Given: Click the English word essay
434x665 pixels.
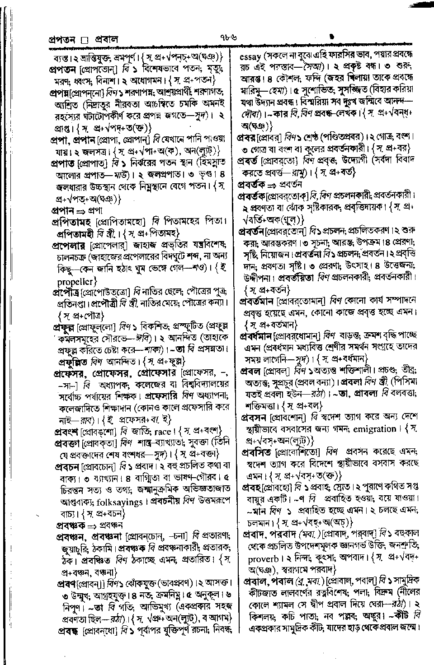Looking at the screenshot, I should (249, 57).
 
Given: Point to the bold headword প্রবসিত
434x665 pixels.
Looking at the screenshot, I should (255, 451).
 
